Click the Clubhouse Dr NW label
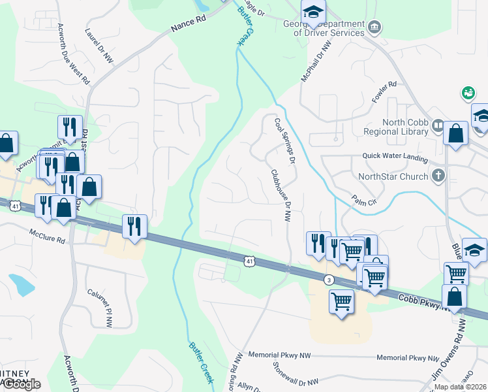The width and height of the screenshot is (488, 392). pyautogui.click(x=281, y=195)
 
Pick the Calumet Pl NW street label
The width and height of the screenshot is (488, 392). pyautogui.click(x=108, y=309)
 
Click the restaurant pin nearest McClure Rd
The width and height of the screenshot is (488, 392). pyautogui.click(x=134, y=225)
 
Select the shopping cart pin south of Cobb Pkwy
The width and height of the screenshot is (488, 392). pyautogui.click(x=341, y=302)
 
